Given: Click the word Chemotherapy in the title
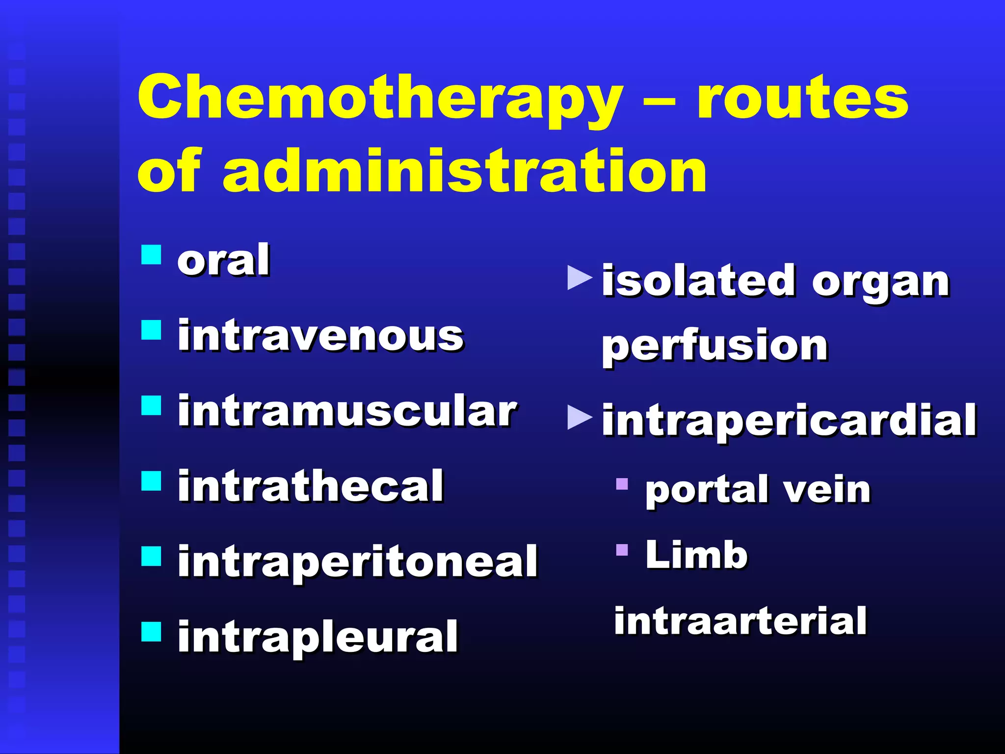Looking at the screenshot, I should click(x=380, y=98).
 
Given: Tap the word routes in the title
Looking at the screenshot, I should click(x=802, y=98).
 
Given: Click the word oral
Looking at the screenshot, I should click(x=223, y=260).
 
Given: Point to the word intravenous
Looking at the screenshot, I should click(x=320, y=336).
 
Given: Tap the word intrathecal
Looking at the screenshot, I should click(x=311, y=486).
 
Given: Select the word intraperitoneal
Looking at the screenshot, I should click(x=358, y=562).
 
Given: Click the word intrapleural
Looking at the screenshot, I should click(x=318, y=637).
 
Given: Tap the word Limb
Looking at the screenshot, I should click(x=696, y=555).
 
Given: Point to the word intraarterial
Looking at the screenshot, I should click(x=741, y=621).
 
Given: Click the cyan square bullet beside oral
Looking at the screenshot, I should click(x=151, y=255).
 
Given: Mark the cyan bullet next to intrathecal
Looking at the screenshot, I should click(x=151, y=481).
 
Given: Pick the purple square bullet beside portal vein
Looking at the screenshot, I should click(x=622, y=484).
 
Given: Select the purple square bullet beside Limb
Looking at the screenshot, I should click(x=622, y=549).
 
